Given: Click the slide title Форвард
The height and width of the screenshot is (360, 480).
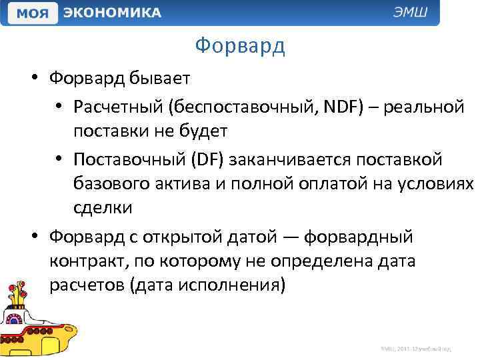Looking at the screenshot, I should click(240, 46).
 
